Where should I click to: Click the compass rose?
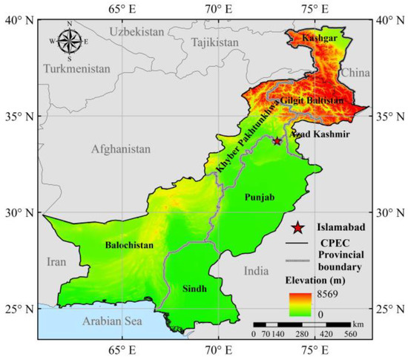pyautogui.click(x=69, y=42)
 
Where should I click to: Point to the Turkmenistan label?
pyautogui.click(x=76, y=68)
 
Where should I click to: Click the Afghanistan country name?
pyautogui.click(x=120, y=149)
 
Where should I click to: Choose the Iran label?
pyautogui.click(x=56, y=261)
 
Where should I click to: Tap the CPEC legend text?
pyautogui.click(x=332, y=243)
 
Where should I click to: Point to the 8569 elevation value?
pyautogui.click(x=331, y=295)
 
